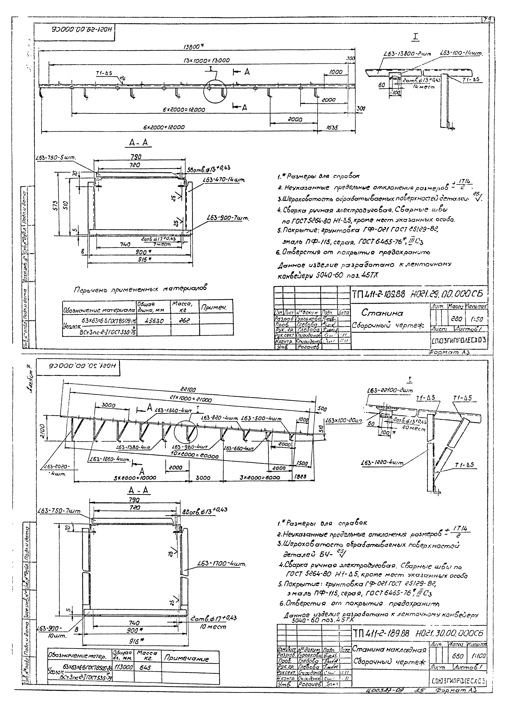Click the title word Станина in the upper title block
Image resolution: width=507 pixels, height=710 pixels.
coord(382,313)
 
